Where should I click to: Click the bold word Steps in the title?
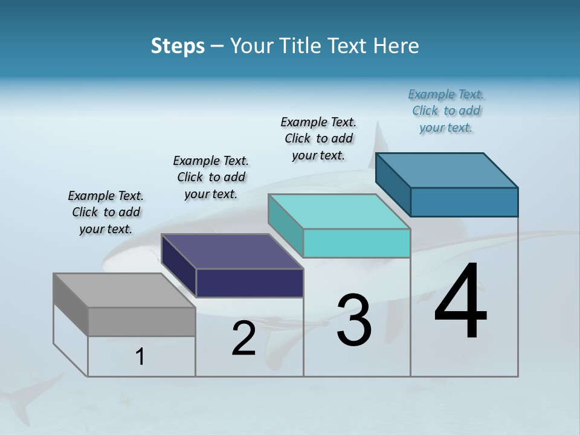178,46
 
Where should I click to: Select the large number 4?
460,301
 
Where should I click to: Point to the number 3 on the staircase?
354,320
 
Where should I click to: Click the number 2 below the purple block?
244,338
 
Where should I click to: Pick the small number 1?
140,357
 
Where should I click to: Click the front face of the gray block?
141,322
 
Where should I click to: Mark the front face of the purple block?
250,283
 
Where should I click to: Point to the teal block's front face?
356,243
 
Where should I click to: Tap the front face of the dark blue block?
464,202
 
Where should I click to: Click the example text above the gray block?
106,212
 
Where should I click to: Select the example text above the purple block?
211,177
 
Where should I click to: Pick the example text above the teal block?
318,138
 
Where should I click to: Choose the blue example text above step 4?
446,111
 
